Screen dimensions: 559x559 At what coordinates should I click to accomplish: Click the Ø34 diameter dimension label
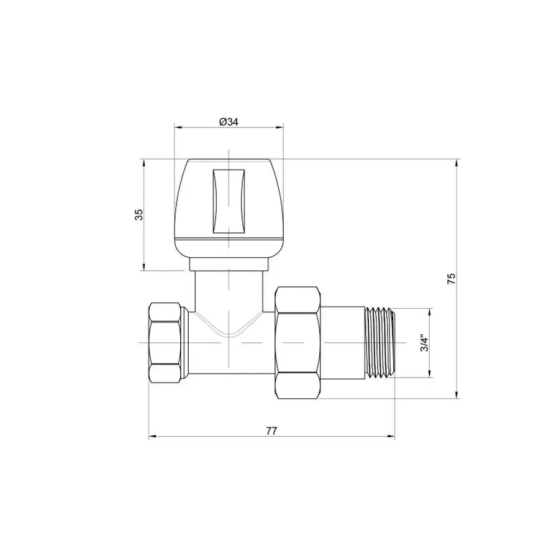[229, 122]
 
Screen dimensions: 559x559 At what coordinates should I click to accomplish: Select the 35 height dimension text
[139, 214]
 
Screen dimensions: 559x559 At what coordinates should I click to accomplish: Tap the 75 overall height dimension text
[452, 278]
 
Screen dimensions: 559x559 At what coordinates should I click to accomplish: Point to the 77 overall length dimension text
[271, 430]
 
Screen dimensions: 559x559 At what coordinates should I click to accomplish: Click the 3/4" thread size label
[424, 342]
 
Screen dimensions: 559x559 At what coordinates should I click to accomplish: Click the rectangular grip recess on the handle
[228, 201]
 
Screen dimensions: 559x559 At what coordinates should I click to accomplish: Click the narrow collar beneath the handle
[228, 265]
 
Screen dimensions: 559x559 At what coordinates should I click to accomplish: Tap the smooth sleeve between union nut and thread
[343, 342]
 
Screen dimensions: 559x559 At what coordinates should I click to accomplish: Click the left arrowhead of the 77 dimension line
[151, 437]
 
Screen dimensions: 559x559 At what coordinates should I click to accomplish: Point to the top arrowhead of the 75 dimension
[458, 163]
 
